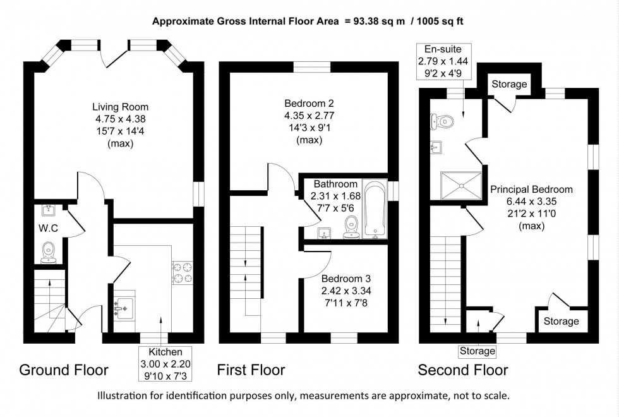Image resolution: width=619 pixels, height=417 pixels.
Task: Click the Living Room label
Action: point(120,107)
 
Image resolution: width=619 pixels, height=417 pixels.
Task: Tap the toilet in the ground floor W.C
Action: point(49,252)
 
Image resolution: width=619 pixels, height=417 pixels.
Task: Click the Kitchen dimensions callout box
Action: point(165,363)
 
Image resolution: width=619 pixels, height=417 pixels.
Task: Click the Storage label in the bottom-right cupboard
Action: point(561,321)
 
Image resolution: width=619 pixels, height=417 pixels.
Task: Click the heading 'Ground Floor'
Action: point(64,370)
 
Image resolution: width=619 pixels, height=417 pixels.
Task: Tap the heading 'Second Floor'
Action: point(462,370)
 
